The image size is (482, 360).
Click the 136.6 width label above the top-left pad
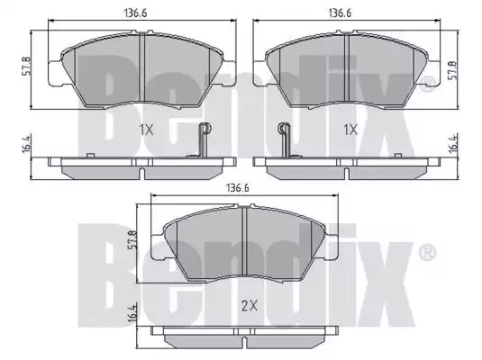[x=135, y=13]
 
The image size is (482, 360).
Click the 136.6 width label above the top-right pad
[x=340, y=13]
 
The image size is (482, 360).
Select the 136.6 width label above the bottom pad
[x=238, y=188]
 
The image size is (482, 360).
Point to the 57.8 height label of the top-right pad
[x=452, y=70]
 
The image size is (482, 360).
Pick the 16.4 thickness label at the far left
[x=26, y=144]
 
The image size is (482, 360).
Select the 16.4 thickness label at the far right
[x=453, y=143]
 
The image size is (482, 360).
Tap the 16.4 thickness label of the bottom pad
[x=132, y=313]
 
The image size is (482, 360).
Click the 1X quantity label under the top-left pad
[x=146, y=130]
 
